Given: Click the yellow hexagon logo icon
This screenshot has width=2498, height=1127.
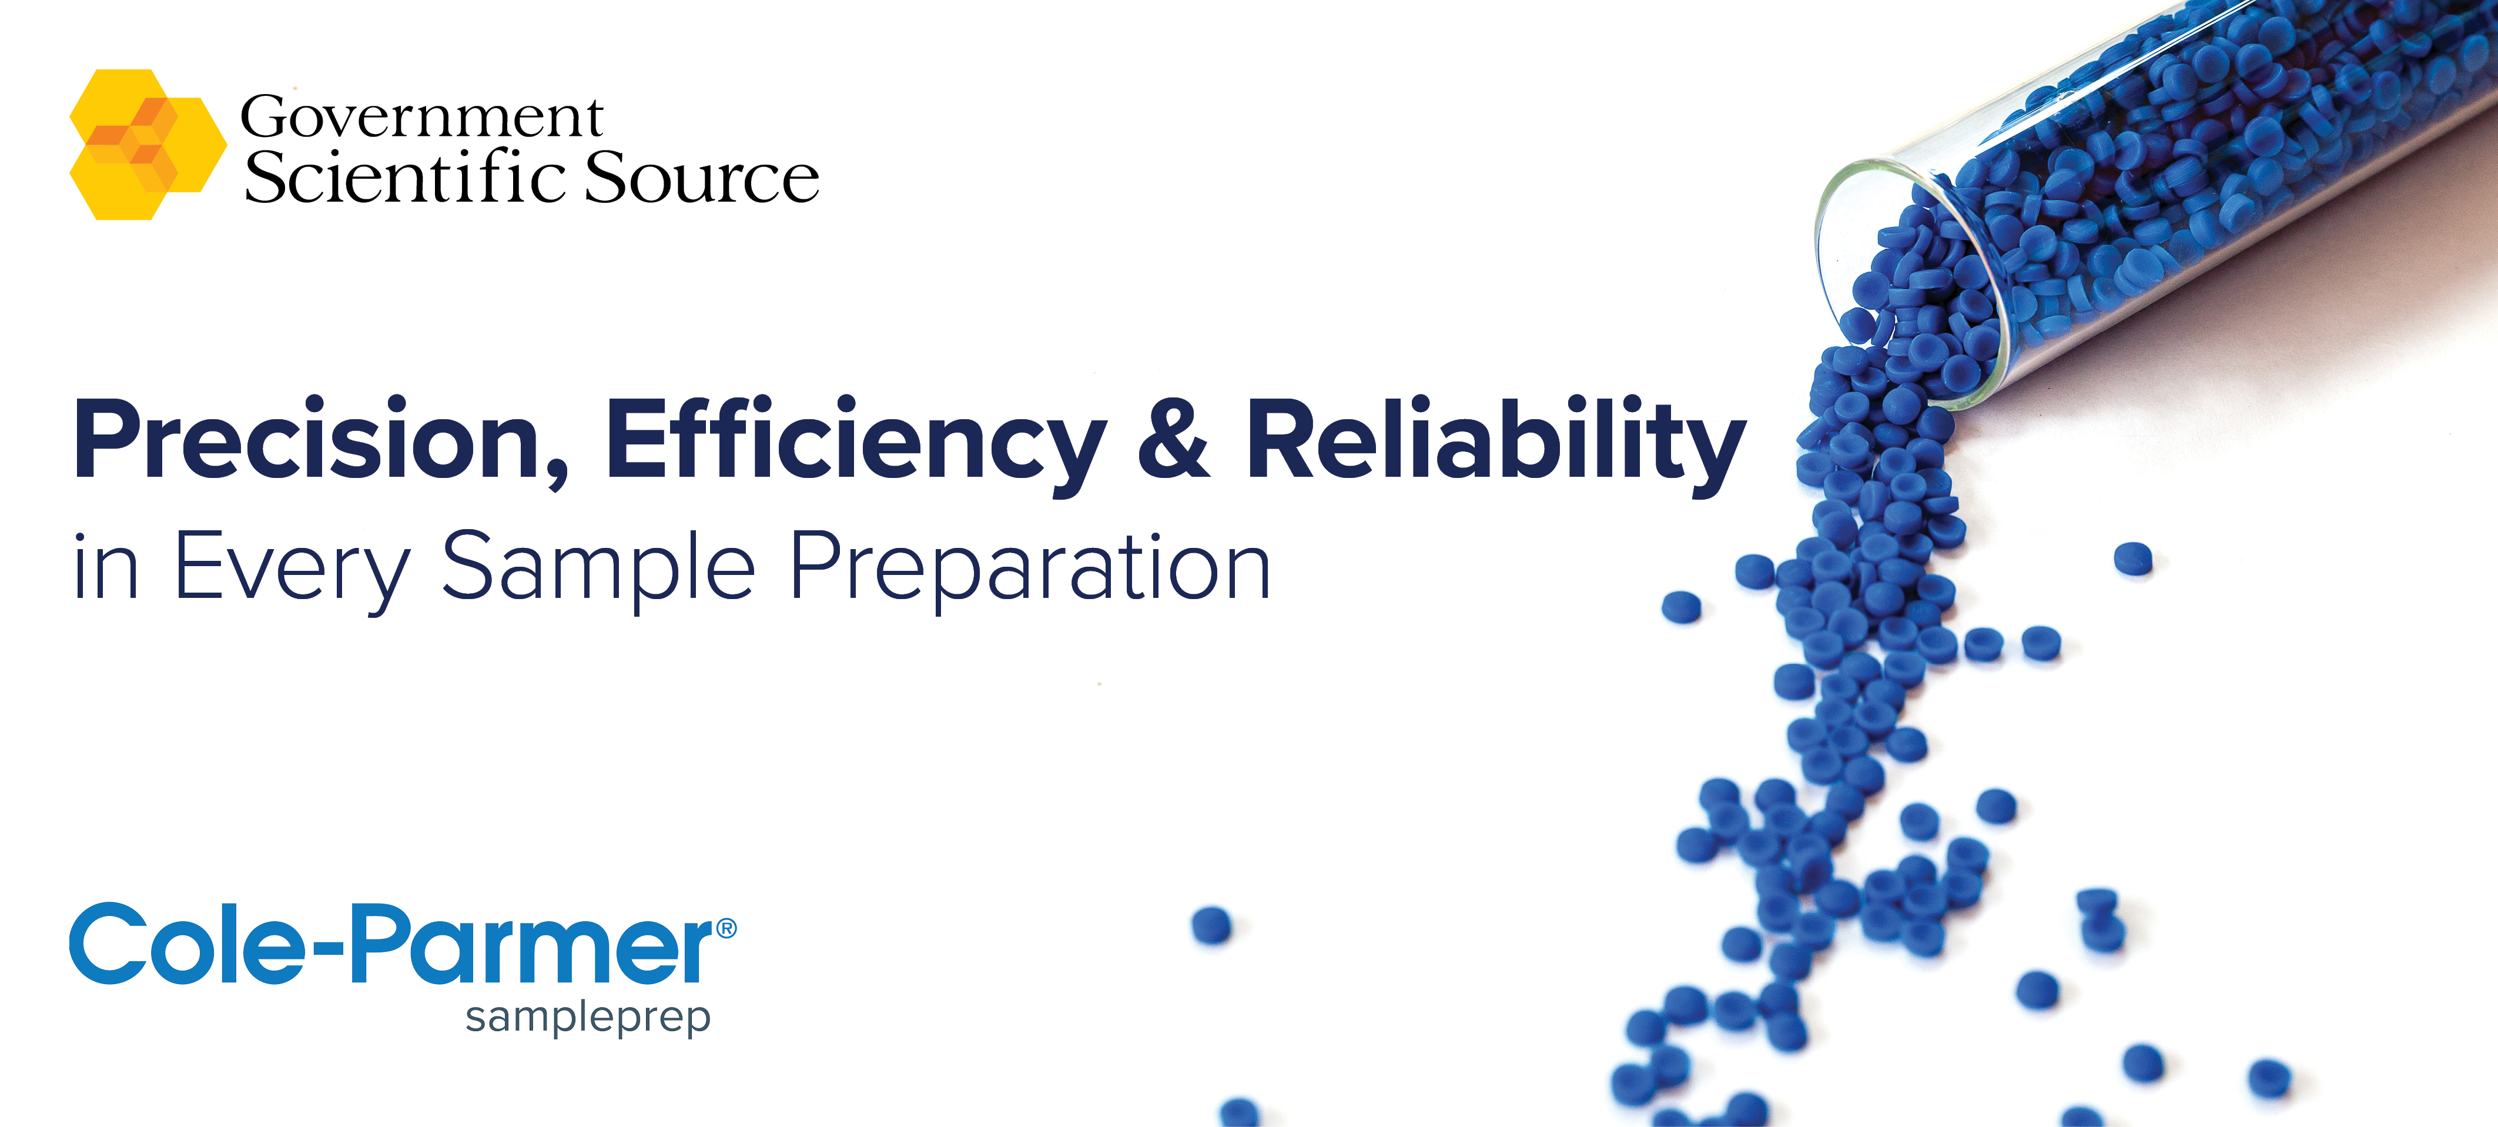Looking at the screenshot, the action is point(148,145).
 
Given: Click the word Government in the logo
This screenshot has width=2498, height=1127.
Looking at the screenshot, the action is point(422,118).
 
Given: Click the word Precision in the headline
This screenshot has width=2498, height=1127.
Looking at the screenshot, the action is point(309,439).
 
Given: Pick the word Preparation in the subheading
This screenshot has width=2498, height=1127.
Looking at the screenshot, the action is point(1030,570).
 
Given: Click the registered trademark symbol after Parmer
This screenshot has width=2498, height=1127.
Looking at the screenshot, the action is point(726,929).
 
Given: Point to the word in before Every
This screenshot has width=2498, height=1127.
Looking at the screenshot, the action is point(106,570).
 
